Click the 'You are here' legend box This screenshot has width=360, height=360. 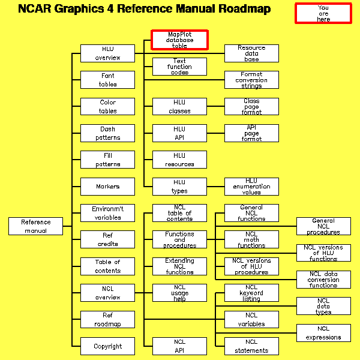[323, 13]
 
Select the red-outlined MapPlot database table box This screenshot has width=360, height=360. [179, 40]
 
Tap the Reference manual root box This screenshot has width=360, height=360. [36, 226]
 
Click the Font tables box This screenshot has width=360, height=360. [108, 80]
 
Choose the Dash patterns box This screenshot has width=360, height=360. [108, 133]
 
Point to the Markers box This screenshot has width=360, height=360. [108, 187]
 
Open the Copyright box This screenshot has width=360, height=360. [108, 346]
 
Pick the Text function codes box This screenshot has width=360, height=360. [179, 67]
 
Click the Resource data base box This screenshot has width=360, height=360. [251, 53]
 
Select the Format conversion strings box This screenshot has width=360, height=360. [251, 80]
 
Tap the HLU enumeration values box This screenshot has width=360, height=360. [251, 187]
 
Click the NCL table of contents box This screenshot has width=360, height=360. [179, 213]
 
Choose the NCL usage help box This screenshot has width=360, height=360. [179, 293]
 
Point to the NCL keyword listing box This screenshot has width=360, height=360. [251, 293]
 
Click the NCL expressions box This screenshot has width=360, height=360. [323, 333]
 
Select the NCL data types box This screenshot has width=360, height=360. [323, 306]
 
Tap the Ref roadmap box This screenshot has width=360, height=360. [108, 319]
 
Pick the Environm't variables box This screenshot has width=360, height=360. [108, 213]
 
